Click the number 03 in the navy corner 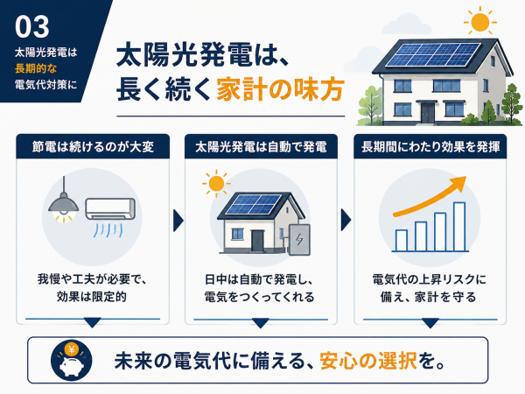point(32,27)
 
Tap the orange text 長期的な point(36,68)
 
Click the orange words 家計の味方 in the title point(280,89)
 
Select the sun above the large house point(479,22)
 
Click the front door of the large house point(428,113)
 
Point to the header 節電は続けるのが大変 point(93,147)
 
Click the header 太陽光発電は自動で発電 point(261,147)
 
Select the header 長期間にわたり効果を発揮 point(430,147)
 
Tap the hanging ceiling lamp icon point(64,201)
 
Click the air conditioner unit point(110,208)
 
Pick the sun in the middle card point(216,184)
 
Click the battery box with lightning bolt point(299,240)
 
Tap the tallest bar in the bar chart point(459,227)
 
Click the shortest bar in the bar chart point(401,241)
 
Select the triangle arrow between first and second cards point(178,221)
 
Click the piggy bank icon point(72,366)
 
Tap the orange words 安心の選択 point(368,361)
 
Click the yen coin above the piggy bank point(72,350)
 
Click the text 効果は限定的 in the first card point(91,297)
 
